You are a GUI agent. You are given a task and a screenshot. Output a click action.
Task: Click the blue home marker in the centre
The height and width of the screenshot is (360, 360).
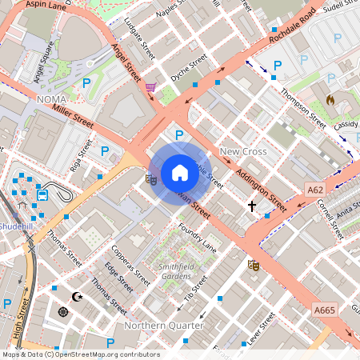tap(179, 173)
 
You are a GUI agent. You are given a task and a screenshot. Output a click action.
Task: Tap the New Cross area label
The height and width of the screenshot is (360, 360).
tap(242, 151)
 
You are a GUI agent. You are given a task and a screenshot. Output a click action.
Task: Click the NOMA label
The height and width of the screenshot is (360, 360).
tap(54, 99)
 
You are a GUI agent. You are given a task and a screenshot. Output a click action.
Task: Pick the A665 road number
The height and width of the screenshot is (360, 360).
tap(324, 310)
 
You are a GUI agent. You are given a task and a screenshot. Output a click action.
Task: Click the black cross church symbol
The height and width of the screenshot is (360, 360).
tap(252, 206)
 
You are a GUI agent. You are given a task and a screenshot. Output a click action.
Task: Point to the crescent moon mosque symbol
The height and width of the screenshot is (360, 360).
tap(78, 297)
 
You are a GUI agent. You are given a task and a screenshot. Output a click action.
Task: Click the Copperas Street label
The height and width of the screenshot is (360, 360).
tap(130, 266)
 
